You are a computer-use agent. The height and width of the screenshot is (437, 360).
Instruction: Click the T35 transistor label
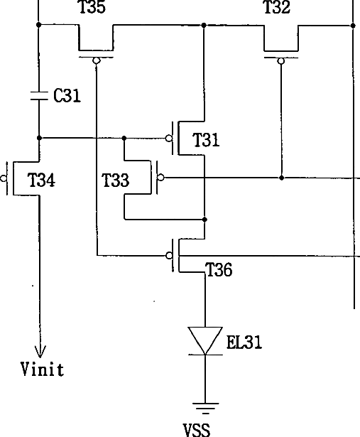(92, 7)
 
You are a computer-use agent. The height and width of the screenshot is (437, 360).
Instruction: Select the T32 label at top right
(277, 7)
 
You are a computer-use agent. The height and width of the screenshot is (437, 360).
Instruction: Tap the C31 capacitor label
(67, 95)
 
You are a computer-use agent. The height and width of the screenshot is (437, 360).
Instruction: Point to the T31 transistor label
(206, 140)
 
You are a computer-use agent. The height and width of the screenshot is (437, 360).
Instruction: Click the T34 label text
(41, 180)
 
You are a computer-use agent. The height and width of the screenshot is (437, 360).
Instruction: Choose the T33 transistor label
(116, 180)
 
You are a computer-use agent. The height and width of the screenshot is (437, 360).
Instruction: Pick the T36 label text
(219, 269)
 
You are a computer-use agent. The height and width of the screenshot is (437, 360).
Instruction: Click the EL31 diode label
(244, 342)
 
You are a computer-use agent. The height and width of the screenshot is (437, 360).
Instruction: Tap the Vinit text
(43, 369)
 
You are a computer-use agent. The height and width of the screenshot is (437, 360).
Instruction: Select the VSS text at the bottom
(197, 430)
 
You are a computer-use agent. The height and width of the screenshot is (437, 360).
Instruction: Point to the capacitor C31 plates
(39, 95)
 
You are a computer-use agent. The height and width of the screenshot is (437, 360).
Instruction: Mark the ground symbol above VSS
(205, 409)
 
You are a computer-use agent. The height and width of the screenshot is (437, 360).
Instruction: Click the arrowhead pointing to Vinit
(40, 352)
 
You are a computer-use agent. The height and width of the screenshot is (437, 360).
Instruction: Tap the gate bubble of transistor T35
(97, 60)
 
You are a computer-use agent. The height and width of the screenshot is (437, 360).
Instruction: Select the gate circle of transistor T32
(281, 61)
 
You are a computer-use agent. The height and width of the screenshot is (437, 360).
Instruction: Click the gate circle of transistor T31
(169, 139)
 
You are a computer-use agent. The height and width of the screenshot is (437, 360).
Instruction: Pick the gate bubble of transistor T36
(169, 255)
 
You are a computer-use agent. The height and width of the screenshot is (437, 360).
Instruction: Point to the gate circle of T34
(4, 178)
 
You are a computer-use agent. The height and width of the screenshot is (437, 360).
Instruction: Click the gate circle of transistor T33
(161, 177)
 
